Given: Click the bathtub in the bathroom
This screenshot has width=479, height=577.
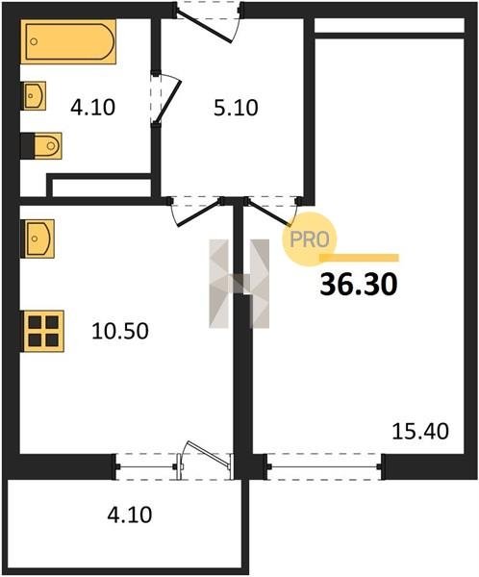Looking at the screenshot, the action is tap(68, 41).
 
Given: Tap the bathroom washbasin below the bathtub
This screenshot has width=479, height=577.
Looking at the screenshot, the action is tap(35, 95).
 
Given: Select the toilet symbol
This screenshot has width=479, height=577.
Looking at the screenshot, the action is tap(41, 146).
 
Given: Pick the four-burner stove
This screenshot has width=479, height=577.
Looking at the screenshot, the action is tap(43, 331).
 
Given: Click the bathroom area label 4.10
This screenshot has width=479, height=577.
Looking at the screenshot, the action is tap(92, 108).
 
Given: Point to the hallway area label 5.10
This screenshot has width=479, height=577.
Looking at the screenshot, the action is tap(236, 108).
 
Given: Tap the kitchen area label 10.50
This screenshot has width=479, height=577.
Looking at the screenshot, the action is tap(120, 331).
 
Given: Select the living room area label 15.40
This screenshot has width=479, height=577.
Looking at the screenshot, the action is tap(420, 431).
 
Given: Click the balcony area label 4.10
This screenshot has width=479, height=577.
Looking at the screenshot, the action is tap(130, 514).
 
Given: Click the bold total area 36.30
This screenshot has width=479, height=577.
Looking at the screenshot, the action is tap(359, 285).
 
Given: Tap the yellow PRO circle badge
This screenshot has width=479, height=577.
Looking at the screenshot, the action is tap(310, 239).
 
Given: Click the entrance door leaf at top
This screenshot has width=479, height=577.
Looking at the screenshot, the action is tap(204, 27).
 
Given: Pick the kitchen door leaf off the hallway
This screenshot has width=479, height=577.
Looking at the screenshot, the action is tap(199, 213).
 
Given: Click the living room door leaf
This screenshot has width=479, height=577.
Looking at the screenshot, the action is tap(267, 213).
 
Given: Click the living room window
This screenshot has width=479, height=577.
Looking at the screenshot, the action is tap(324, 466).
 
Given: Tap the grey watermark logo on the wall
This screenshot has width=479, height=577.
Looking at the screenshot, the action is tap(239, 284).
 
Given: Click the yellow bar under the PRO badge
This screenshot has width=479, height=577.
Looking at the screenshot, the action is tap(360, 258).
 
